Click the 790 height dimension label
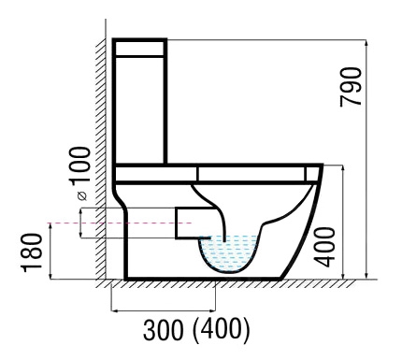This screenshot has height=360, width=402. [351, 87]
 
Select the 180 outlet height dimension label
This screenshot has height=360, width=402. [31, 252]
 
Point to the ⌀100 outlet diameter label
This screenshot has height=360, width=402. [80, 173]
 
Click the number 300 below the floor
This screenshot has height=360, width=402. [163, 329]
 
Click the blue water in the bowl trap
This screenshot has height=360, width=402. [228, 253]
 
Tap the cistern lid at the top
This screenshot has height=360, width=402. [139, 48]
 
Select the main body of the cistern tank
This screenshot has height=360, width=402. [139, 109]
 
